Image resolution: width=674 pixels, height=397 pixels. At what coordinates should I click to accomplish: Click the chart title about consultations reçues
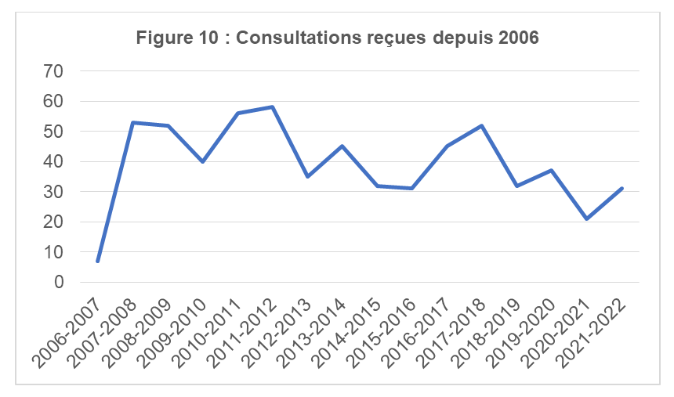pyautogui.click(x=337, y=38)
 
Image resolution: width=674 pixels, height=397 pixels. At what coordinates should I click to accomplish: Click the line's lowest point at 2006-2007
pyautogui.click(x=97, y=261)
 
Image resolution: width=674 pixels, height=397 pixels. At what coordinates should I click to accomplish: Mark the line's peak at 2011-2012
pyautogui.click(x=272, y=107)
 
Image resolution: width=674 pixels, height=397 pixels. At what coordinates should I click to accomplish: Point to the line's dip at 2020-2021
pyautogui.click(x=587, y=219)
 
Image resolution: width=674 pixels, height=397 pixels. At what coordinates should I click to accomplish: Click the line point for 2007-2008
pyautogui.click(x=132, y=122)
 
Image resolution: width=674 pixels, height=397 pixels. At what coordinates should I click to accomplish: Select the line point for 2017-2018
pyautogui.click(x=482, y=125)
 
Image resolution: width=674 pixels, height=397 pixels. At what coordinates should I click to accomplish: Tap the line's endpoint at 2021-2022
pyautogui.click(x=622, y=189)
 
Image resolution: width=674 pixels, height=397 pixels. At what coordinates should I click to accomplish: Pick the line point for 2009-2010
pyautogui.click(x=202, y=161)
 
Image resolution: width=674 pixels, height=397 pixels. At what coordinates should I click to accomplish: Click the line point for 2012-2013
pyautogui.click(x=307, y=176)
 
